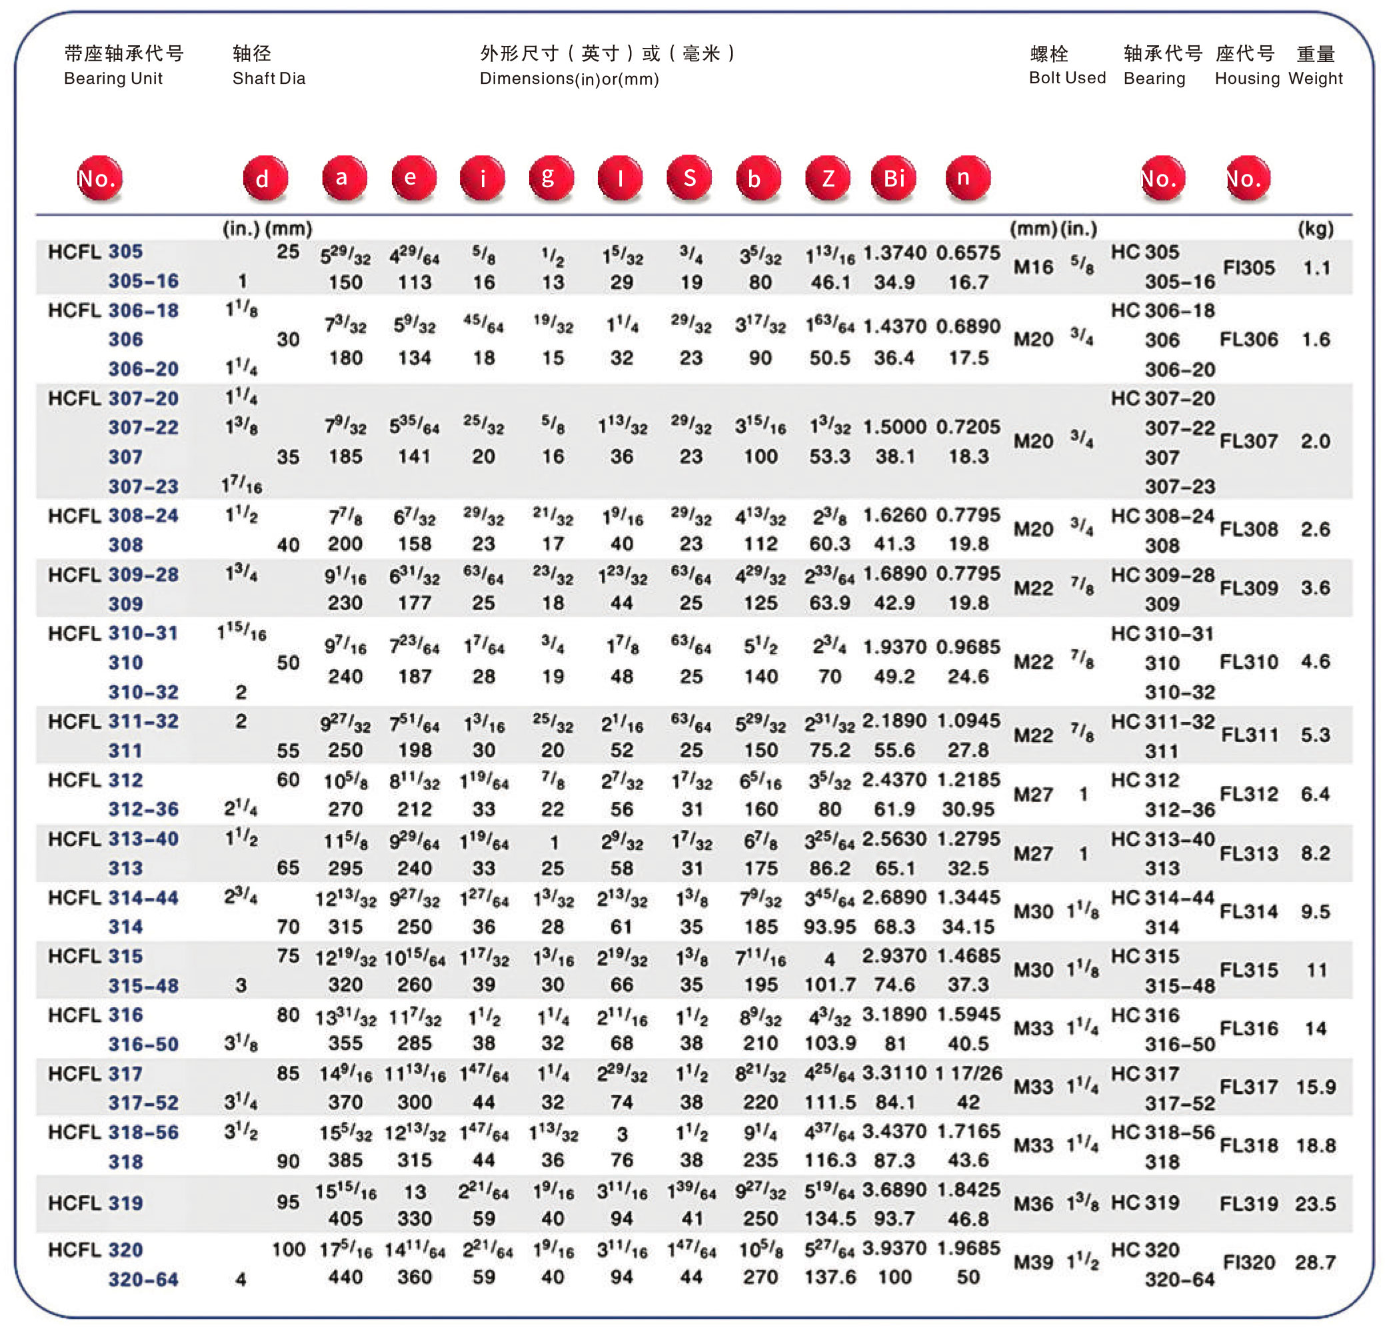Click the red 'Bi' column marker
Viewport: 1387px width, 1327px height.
click(x=893, y=178)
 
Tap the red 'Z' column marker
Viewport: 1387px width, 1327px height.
click(x=827, y=178)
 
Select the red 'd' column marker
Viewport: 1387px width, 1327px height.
click(x=265, y=178)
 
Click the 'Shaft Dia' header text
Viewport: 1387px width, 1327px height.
click(x=269, y=79)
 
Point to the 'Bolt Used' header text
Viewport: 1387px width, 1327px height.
click(x=1066, y=78)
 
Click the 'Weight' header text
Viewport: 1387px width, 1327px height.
click(x=1315, y=79)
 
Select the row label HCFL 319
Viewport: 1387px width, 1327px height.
click(x=95, y=1203)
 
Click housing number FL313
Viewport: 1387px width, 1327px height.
click(x=1248, y=854)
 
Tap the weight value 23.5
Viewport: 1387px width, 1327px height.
click(x=1315, y=1204)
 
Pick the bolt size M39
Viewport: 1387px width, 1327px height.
click(x=1033, y=1262)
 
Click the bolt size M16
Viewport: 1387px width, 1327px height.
click(x=1033, y=267)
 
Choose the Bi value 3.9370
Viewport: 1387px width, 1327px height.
click(x=894, y=1248)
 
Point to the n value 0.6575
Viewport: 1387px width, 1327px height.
click(x=968, y=253)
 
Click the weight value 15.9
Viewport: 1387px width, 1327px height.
click(x=1315, y=1087)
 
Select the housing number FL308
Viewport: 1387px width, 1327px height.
click(x=1248, y=530)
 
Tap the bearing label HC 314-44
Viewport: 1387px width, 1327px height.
click(x=1162, y=899)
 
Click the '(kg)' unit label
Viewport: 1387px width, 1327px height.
click(x=1315, y=229)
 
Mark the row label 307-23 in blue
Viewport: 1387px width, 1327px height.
click(x=143, y=487)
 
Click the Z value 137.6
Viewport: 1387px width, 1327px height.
click(x=829, y=1278)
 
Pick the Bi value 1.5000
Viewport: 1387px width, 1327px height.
click(x=894, y=427)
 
